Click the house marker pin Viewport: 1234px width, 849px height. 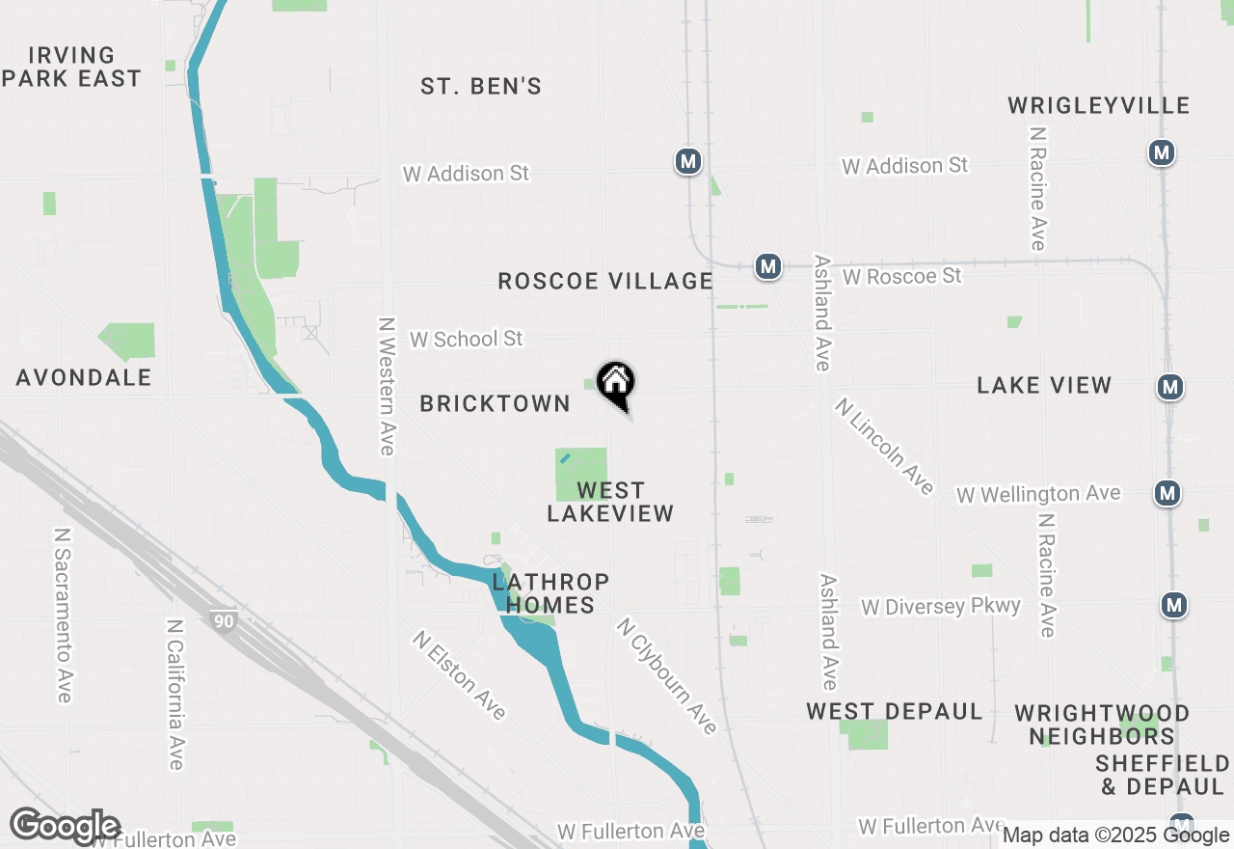click(x=616, y=383)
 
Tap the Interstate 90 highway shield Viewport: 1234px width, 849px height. click(x=224, y=621)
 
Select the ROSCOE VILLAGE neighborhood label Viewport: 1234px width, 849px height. click(x=605, y=281)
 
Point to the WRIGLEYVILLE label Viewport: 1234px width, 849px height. click(x=1099, y=105)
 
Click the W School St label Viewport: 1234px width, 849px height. click(x=466, y=339)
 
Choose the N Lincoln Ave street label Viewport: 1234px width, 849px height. click(x=884, y=447)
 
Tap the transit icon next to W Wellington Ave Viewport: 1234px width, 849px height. click(x=1168, y=493)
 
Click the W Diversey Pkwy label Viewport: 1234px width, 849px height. click(x=941, y=607)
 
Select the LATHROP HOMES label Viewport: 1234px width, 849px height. click(x=550, y=593)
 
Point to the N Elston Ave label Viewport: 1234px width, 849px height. click(x=459, y=675)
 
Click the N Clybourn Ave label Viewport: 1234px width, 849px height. click(x=666, y=676)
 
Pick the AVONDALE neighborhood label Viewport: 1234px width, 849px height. click(x=84, y=377)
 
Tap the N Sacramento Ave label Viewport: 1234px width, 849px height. click(x=64, y=615)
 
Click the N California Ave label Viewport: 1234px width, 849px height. click(x=174, y=695)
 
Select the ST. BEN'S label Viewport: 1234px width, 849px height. click(x=481, y=87)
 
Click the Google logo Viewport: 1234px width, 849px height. click(x=65, y=827)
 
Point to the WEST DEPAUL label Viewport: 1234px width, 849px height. click(x=895, y=712)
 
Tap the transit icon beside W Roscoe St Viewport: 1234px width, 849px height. click(x=767, y=266)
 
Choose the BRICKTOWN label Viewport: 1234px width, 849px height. click(x=496, y=403)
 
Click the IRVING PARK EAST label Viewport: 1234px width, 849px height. click(x=72, y=67)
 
